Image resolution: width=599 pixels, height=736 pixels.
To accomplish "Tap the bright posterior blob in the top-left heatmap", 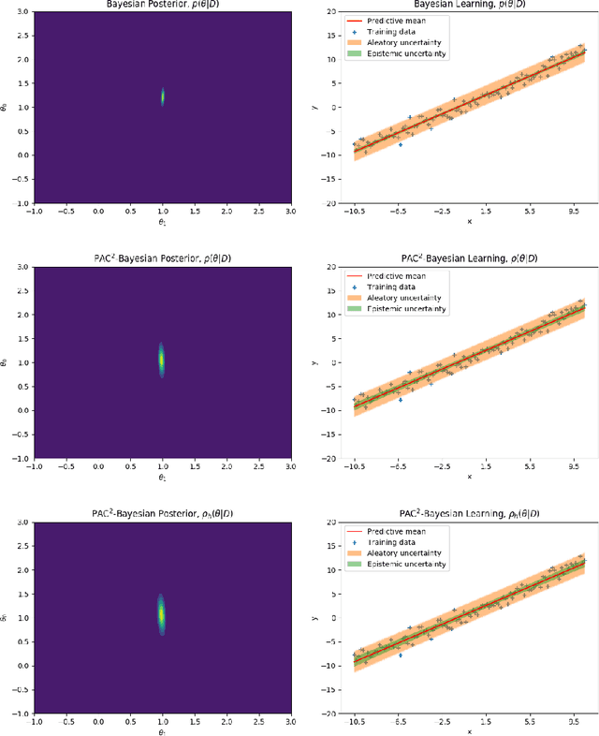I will point(163,96).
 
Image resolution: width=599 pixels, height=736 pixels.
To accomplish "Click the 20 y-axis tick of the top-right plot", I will point(330,12).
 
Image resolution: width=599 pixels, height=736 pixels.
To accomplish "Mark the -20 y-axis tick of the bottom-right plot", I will point(329,714).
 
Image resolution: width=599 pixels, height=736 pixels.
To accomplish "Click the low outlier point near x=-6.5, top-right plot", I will point(401,145).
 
